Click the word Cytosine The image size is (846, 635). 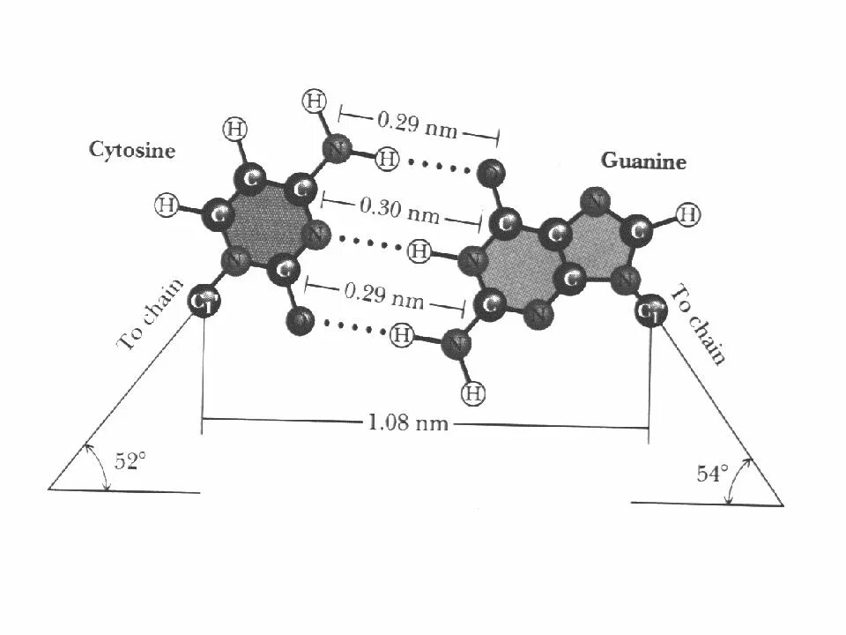click(132, 150)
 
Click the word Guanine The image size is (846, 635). click(643, 161)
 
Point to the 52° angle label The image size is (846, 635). click(129, 460)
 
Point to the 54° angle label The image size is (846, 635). click(712, 474)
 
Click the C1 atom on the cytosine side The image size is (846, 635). click(204, 302)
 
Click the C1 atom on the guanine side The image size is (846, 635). click(650, 311)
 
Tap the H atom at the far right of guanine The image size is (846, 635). click(688, 213)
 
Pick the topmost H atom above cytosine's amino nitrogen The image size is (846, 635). click(313, 101)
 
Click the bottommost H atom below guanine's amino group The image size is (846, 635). click(474, 393)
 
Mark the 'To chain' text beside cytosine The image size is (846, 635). click(150, 315)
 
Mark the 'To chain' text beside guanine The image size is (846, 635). click(700, 324)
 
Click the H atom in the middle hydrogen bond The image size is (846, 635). click(419, 252)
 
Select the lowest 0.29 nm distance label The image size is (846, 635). click(383, 297)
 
